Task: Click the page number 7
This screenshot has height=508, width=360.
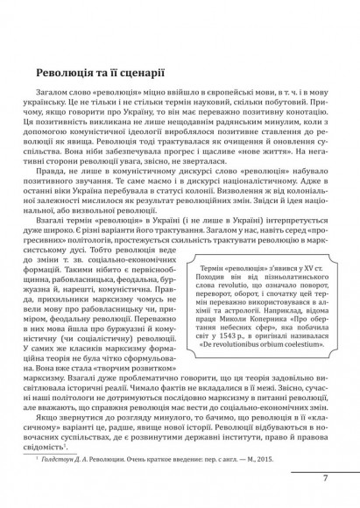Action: coord(326,479)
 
